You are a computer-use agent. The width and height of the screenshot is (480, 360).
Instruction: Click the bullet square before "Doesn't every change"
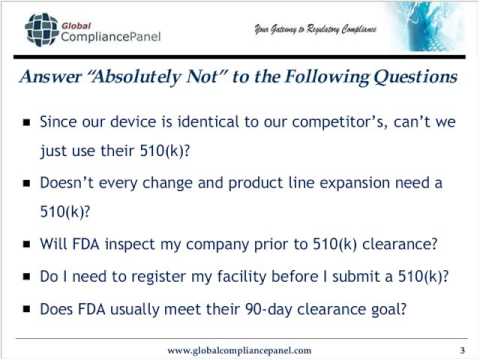[27, 185]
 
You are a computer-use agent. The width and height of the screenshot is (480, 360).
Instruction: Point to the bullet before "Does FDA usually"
[27, 309]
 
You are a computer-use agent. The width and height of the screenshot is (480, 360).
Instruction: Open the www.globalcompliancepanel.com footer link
[239, 350]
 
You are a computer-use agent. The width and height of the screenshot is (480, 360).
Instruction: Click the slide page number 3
[462, 349]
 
